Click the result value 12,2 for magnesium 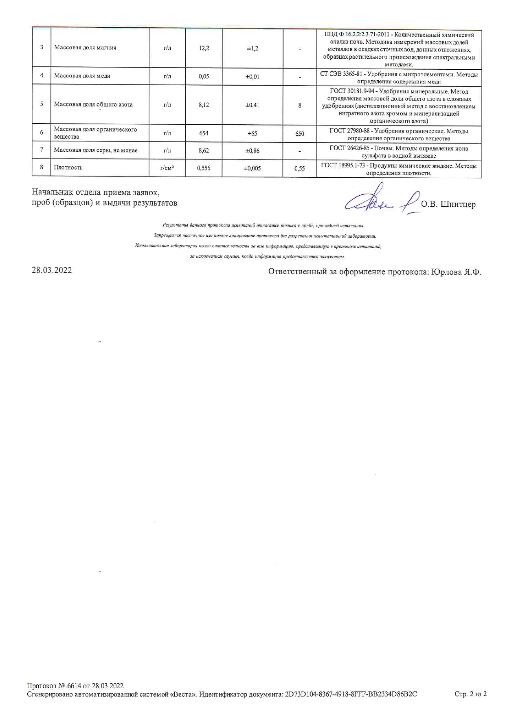204,48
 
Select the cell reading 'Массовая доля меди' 82,76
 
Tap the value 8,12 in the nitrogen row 204,105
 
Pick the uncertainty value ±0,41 253,105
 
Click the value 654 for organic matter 204,133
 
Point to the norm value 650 299,133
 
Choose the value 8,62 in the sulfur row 204,150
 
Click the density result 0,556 204,168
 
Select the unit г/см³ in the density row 167,168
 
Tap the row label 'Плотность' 68,168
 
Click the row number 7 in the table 42,150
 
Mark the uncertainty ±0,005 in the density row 253,168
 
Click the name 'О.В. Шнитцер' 448,204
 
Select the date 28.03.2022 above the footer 52,270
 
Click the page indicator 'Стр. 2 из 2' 470,694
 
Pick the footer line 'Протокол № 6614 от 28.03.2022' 75,686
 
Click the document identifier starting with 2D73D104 350,694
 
